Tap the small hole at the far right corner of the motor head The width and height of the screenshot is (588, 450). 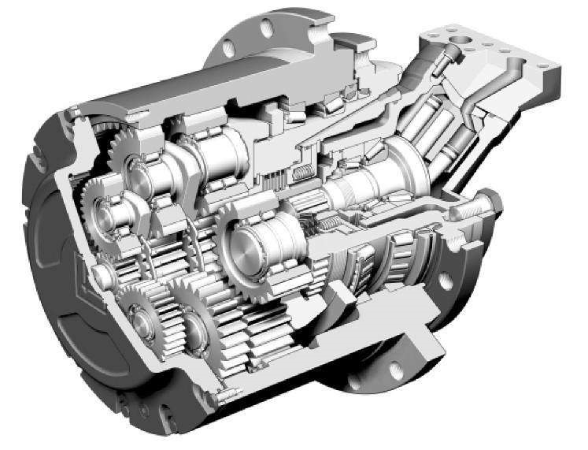tap(550, 73)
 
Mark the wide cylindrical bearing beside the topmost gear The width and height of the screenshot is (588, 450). tap(213, 154)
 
